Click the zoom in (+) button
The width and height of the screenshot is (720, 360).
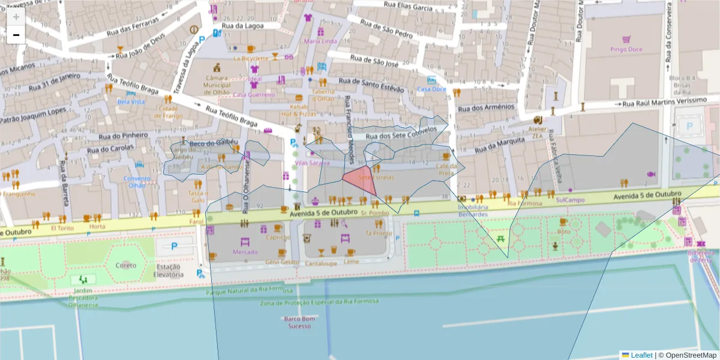(16, 17)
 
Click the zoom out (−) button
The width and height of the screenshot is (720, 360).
(16, 35)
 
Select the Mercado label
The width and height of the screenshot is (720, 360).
(245, 253)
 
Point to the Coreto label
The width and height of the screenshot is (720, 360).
(125, 265)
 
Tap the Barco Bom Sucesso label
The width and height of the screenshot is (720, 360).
(299, 322)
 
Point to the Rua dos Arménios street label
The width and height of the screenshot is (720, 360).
(486, 108)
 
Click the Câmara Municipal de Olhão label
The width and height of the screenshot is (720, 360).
(217, 85)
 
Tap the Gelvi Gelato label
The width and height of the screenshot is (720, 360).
(281, 262)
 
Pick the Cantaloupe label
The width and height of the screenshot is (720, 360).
(321, 263)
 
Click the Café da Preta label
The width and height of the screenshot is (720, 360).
(445, 169)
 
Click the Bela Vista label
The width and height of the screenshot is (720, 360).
(131, 101)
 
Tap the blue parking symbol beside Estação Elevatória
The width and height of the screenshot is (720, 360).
(175, 246)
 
